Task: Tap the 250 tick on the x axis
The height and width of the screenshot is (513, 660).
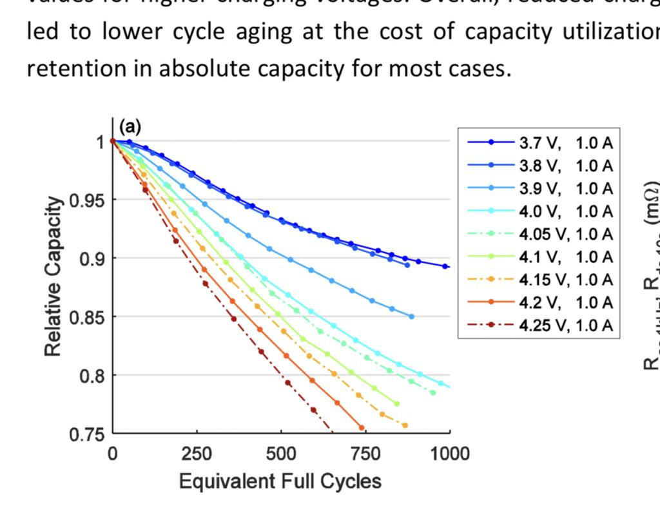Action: point(197,454)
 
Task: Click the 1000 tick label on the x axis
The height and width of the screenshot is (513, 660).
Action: point(450,454)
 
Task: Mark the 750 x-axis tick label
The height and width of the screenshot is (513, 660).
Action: point(365,454)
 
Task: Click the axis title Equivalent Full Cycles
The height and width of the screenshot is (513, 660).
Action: point(280,481)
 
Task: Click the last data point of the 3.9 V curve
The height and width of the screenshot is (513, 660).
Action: point(411,316)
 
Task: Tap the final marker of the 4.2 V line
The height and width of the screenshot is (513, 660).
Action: point(362,427)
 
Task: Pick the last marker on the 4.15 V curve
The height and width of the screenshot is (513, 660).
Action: point(405,425)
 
